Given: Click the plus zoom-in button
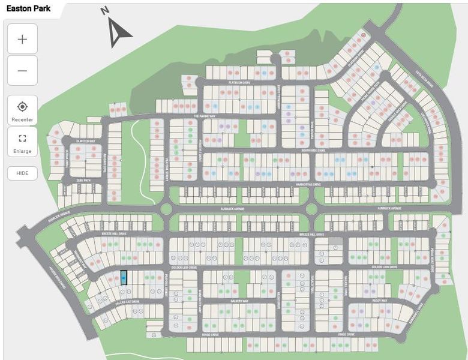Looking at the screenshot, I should tap(22, 39).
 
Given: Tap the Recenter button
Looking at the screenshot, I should tap(22, 110).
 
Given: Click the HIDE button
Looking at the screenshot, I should tap(22, 173).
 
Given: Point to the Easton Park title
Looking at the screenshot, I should tap(29, 10).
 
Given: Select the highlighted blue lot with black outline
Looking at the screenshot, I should tap(124, 278).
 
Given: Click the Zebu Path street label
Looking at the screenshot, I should tap(82, 179).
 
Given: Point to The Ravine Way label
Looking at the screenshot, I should tap(204, 116).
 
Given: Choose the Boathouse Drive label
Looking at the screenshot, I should tap(312, 151).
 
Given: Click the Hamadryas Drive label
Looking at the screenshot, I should tap(309, 184).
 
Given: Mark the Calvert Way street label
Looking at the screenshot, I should tap(237, 301).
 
